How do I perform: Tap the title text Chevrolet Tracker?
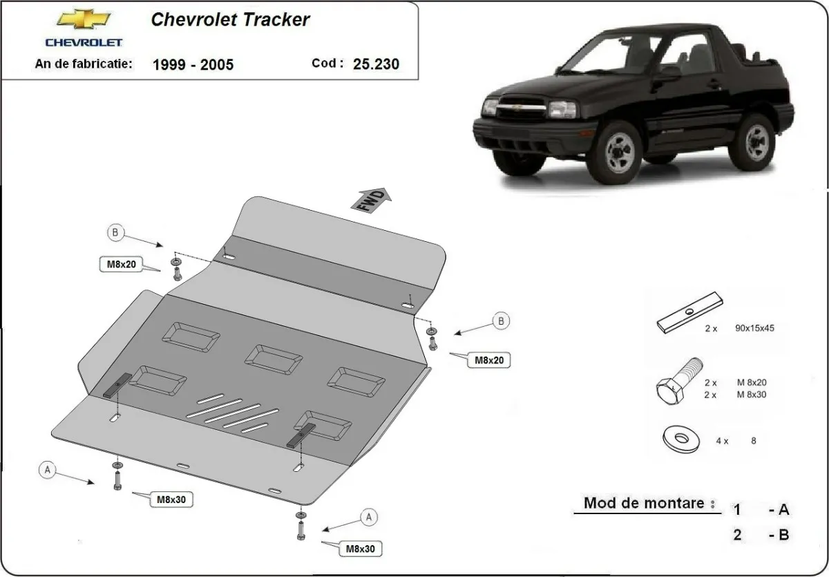tap(230, 19)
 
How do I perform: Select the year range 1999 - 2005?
tap(193, 65)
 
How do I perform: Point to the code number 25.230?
tap(375, 64)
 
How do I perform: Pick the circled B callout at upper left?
tap(116, 234)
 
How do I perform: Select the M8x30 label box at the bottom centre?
tap(361, 549)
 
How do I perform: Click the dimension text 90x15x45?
tap(755, 328)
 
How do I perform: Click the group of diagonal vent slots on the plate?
tap(231, 414)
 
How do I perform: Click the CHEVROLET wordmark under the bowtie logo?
tap(84, 42)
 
